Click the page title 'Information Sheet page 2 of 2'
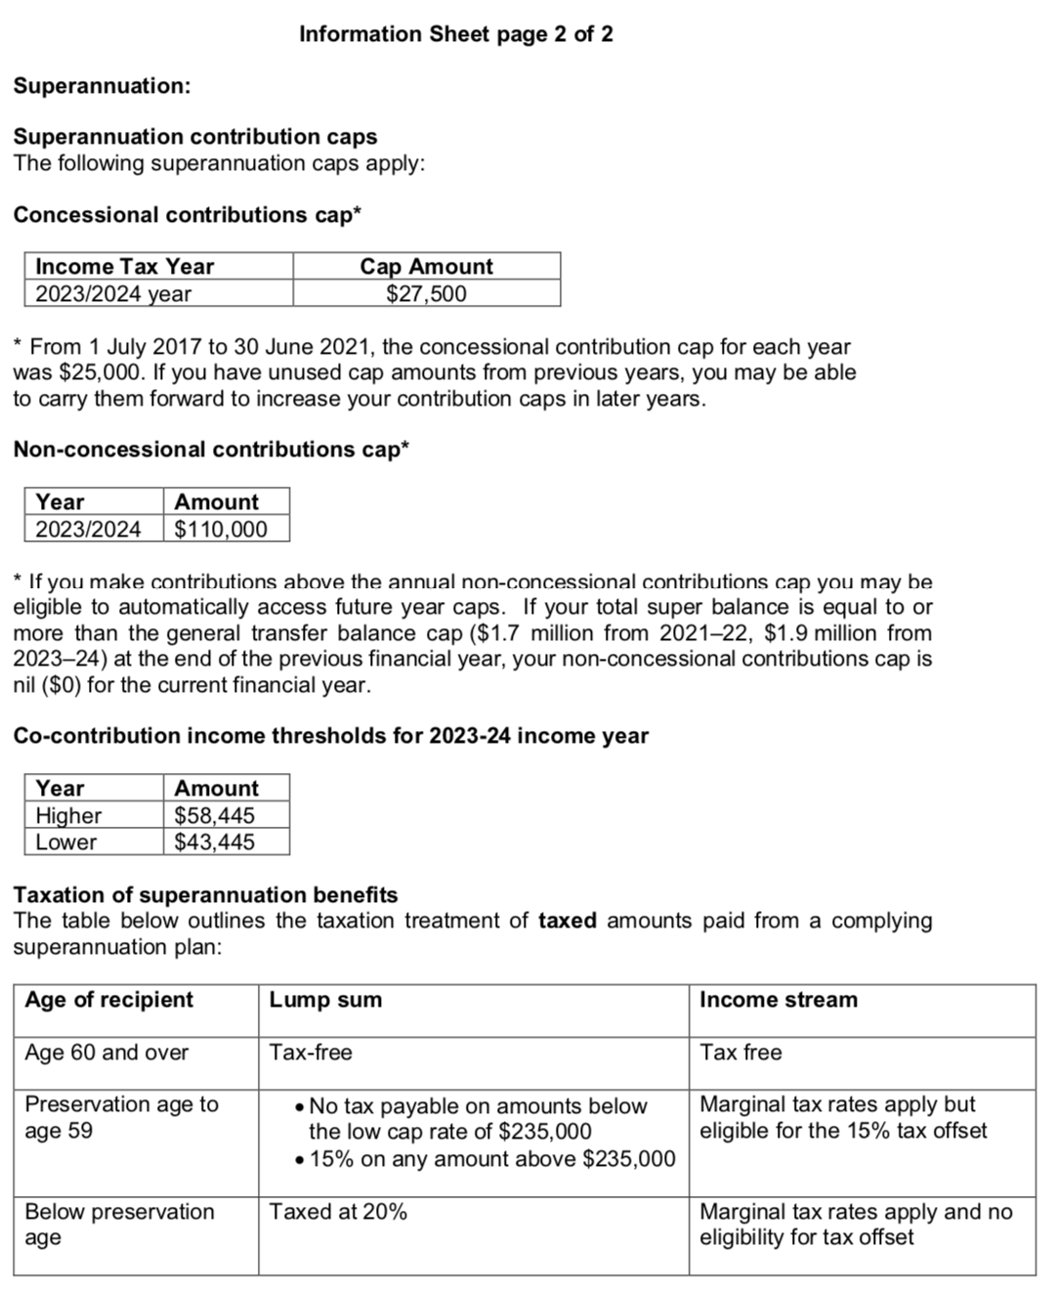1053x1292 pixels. tap(455, 34)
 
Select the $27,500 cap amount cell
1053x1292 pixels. tap(426, 293)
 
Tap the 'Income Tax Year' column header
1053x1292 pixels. tap(124, 266)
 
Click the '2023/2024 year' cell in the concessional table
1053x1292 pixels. tap(113, 293)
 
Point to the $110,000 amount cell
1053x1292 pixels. tap(221, 529)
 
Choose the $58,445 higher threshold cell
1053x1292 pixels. tap(214, 815)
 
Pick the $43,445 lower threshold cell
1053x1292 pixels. tap(214, 841)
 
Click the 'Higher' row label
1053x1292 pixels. tap(68, 815)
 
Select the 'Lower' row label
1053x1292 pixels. tap(65, 841)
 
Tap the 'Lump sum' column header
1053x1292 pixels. tap(325, 1000)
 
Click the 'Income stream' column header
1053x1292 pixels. tap(779, 1000)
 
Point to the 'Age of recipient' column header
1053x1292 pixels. tap(108, 1000)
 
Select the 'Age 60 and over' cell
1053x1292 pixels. tap(106, 1053)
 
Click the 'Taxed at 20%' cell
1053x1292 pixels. tap(338, 1212)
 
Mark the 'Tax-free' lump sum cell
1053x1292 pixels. tap(311, 1053)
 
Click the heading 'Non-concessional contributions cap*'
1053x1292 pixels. tap(211, 450)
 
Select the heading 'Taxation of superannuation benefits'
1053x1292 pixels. tap(205, 895)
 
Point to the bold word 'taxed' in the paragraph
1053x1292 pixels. tap(567, 921)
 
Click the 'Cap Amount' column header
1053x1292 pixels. tap(426, 266)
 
